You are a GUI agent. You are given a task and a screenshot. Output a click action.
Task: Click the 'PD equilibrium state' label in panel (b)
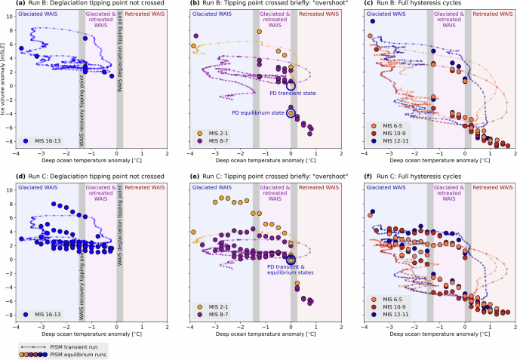pyautogui.click(x=257, y=112)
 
